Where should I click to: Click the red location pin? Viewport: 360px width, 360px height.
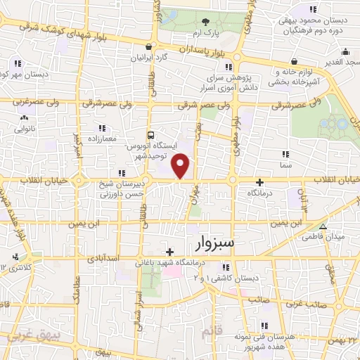pos(181,166)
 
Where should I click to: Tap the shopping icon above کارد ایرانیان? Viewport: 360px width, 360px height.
pos(148,48)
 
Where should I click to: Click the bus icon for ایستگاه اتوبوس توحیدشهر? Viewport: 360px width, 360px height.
pos(150,134)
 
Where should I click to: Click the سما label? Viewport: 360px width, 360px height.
pos(285,163)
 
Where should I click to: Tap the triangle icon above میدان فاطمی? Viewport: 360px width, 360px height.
pos(323,226)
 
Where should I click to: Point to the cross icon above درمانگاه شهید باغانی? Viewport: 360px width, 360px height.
pos(169,251)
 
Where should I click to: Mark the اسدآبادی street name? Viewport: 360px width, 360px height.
pos(102,258)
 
